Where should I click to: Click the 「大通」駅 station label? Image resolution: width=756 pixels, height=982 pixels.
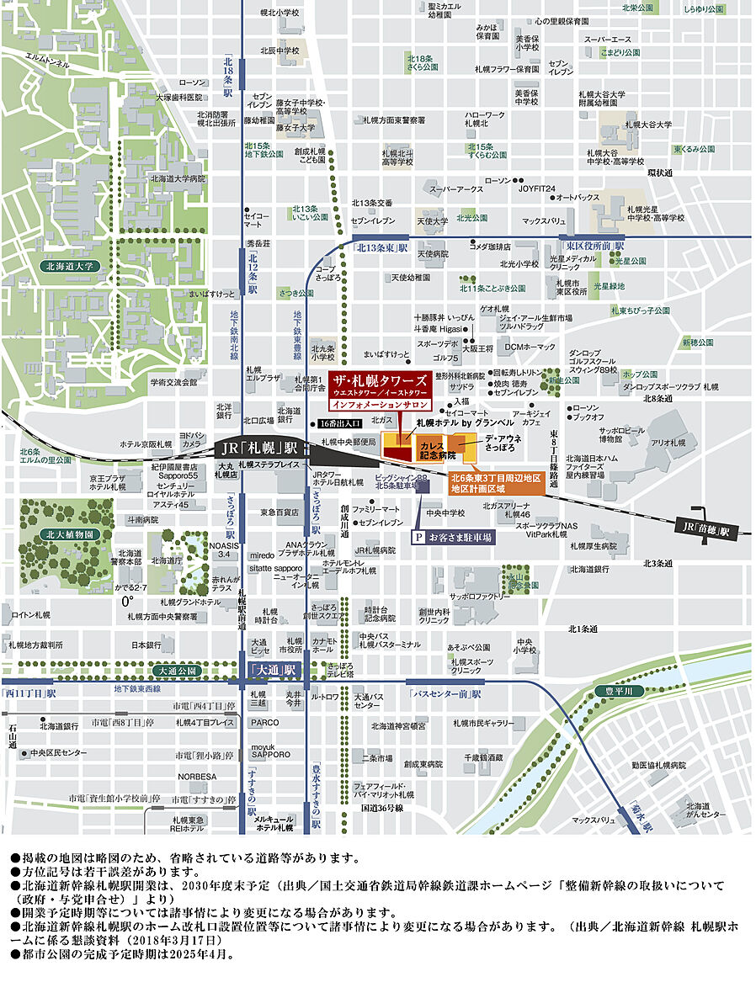point(271,670)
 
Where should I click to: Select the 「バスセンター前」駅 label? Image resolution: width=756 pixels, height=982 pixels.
point(445,694)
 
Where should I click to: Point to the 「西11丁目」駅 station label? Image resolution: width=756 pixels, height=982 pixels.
point(29,693)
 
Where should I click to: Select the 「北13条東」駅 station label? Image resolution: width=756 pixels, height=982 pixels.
point(381,248)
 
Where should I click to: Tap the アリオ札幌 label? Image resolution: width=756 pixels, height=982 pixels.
point(669,442)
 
